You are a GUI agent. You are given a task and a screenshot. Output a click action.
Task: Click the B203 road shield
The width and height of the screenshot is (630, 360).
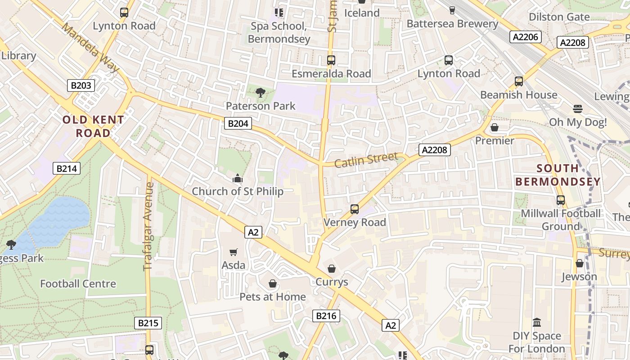tap(81, 85)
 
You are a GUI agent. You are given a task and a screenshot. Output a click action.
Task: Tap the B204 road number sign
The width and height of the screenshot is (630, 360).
tap(238, 123)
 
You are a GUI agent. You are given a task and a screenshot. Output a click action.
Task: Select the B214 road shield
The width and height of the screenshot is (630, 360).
tap(67, 168)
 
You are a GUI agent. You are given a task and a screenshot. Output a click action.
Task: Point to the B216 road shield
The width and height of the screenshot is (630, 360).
tap(326, 316)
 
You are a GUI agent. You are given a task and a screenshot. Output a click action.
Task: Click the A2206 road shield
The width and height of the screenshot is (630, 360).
tap(526, 37)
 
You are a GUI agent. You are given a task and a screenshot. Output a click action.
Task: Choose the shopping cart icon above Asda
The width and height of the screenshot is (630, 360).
tap(233, 252)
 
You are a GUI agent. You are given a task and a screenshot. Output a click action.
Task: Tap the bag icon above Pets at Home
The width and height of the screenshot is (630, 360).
tap(272, 283)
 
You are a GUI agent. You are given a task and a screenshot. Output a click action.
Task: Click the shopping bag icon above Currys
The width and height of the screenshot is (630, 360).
tap(332, 269)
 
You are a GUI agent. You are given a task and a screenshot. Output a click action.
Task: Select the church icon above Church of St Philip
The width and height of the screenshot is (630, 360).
tap(237, 179)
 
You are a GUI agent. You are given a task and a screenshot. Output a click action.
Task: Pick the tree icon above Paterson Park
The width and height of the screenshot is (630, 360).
tap(260, 93)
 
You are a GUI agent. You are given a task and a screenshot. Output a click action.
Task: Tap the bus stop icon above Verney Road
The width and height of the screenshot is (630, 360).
tap(355, 209)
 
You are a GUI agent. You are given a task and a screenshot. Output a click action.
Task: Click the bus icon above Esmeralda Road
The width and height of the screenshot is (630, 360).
tap(331, 60)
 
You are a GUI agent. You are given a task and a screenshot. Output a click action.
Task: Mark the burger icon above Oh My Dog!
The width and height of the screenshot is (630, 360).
tap(578, 109)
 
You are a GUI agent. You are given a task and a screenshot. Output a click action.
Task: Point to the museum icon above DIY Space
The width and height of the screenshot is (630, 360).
tap(536, 323)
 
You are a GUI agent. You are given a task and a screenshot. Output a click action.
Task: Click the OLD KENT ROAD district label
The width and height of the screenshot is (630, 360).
tap(93, 126)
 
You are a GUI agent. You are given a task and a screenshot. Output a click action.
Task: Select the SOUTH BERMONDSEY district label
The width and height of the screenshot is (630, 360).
tap(558, 175)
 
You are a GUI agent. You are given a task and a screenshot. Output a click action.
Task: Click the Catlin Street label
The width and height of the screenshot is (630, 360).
tap(366, 160)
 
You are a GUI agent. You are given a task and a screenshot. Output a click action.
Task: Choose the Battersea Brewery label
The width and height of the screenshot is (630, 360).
tap(452, 24)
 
